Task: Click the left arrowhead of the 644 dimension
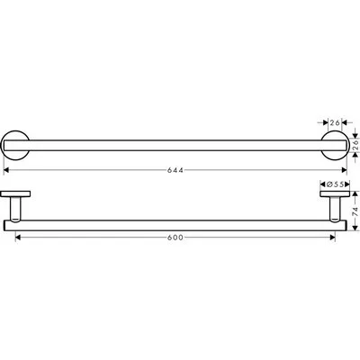pyautogui.click(x=8, y=168)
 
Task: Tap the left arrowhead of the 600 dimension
pyautogui.click(x=19, y=237)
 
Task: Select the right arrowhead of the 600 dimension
pyautogui.click(x=333, y=237)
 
